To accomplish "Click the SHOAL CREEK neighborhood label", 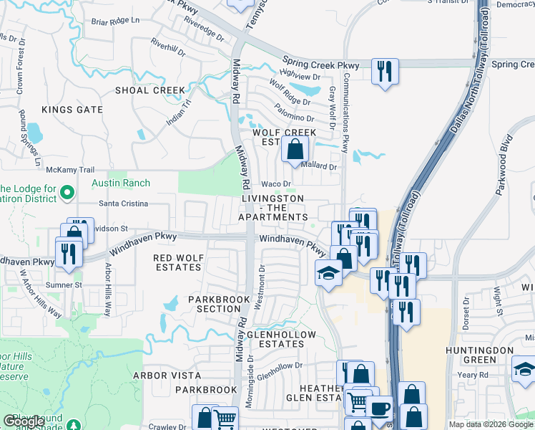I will click(x=151, y=90).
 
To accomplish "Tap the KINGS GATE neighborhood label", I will click(x=72, y=110).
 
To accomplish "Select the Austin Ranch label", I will click(x=121, y=183).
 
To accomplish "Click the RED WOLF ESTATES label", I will click(x=178, y=262).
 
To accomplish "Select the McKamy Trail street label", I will click(x=70, y=170).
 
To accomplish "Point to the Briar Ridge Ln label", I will click(x=115, y=21).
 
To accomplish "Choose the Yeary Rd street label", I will click(x=473, y=375).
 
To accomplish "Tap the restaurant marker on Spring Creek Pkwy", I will click(x=385, y=71).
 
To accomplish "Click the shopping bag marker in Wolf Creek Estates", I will click(x=295, y=150).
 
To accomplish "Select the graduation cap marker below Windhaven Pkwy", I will click(x=328, y=273).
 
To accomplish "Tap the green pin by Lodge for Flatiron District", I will click(x=67, y=192).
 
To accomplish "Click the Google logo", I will click(x=24, y=422).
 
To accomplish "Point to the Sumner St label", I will click(x=64, y=285).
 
